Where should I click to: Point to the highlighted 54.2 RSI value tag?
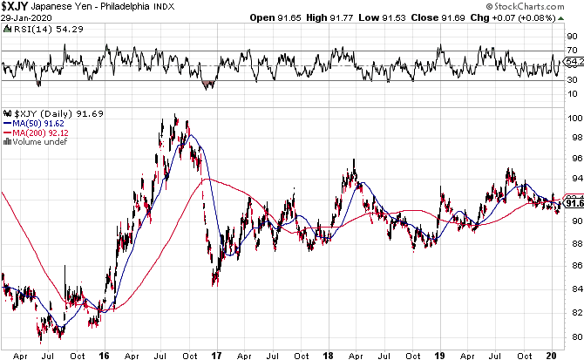point(574,63)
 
